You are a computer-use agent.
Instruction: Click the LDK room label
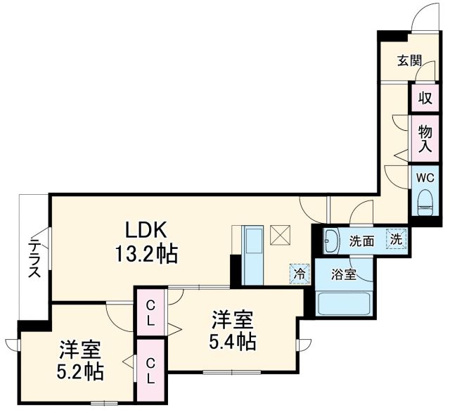(x=146, y=230)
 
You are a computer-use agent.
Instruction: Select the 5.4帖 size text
(x=231, y=341)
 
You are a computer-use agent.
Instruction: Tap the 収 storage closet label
(x=425, y=97)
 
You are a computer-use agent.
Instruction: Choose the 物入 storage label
(x=425, y=138)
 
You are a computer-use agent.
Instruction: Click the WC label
(x=425, y=177)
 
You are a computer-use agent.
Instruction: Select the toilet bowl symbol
(x=425, y=204)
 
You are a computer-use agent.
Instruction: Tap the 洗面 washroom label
(x=361, y=241)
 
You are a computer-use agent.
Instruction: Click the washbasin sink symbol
(x=332, y=241)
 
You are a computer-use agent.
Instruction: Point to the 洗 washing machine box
(x=397, y=239)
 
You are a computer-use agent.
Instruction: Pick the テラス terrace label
(x=33, y=259)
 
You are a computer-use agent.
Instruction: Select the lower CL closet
(x=150, y=370)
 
